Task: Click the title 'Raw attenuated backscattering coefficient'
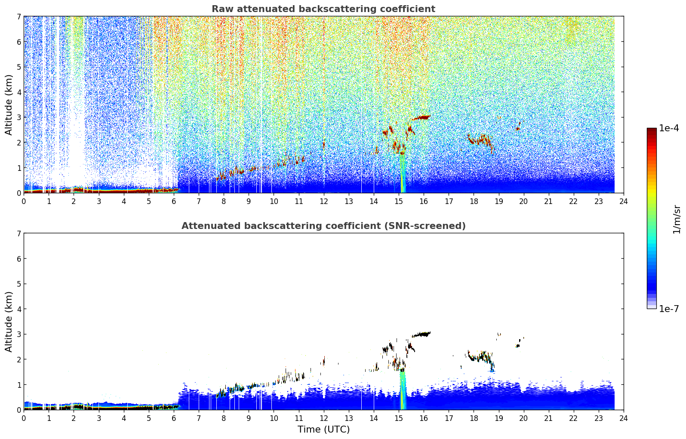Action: tap(323, 9)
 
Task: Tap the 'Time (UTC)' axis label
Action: tap(323, 430)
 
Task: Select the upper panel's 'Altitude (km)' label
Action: tap(8, 105)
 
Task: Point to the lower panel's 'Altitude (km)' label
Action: tap(8, 322)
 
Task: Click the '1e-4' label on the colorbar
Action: tap(669, 128)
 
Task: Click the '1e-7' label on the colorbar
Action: tap(669, 309)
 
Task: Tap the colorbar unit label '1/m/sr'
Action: tap(677, 219)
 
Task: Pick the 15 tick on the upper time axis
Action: tap(399, 201)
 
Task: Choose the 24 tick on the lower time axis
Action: tap(624, 418)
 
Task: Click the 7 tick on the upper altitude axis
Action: tap(18, 16)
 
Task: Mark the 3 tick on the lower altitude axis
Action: tap(18, 334)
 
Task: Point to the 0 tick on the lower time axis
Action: tap(24, 418)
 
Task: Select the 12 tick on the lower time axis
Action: tap(324, 418)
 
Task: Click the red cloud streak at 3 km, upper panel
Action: tap(421, 117)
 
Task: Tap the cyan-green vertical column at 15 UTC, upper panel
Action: tap(403, 173)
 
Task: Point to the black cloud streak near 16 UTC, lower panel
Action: tap(421, 334)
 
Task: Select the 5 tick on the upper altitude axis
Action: tap(18, 67)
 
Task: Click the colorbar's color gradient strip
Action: tap(652, 218)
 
